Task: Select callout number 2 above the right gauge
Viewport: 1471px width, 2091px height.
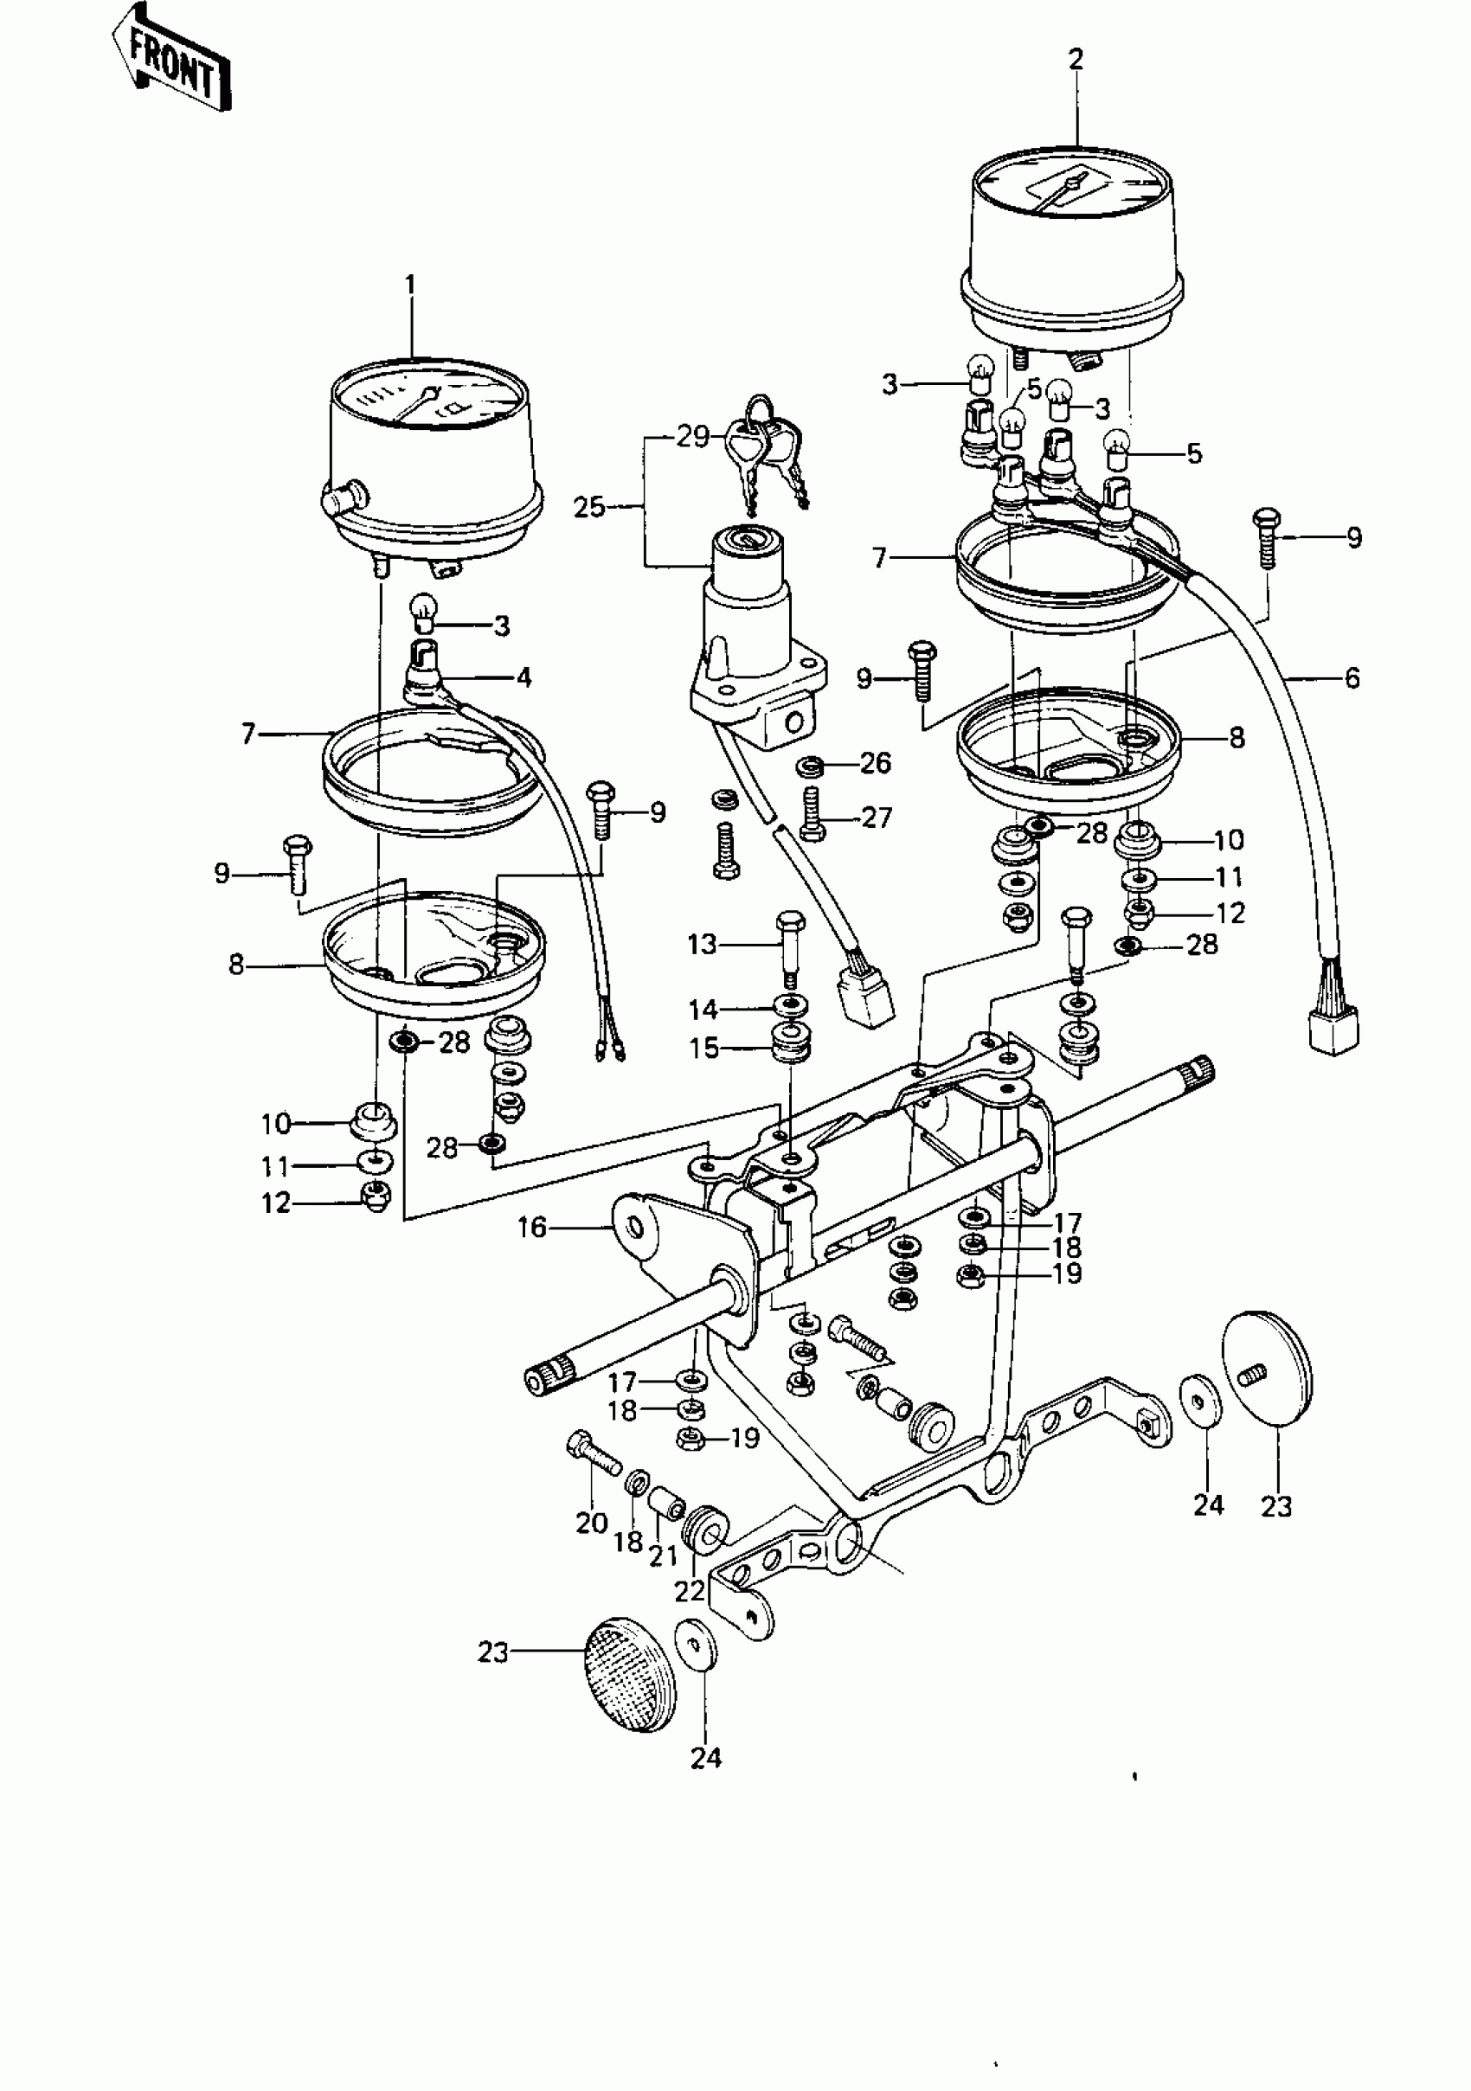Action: tap(1076, 60)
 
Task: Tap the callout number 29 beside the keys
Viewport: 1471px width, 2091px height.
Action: tap(691, 437)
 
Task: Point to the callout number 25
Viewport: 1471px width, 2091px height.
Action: tap(589, 506)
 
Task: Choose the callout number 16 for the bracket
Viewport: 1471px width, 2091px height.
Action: tap(532, 1227)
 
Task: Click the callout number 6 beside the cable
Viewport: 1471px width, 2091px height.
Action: tap(1352, 677)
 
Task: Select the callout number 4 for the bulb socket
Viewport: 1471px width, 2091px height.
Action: tap(524, 677)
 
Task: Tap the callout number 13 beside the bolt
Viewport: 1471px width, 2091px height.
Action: tap(703, 945)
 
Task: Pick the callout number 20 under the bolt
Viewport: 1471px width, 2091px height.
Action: tap(591, 1522)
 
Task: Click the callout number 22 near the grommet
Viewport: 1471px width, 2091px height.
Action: tap(690, 1590)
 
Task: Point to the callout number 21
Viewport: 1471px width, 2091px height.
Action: tap(662, 1555)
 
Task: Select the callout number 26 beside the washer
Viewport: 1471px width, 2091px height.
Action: tap(876, 762)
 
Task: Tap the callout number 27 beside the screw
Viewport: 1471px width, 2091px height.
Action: tap(877, 817)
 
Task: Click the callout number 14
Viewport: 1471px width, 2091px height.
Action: tap(703, 1009)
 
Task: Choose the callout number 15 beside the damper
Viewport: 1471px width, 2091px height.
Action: tap(703, 1048)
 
